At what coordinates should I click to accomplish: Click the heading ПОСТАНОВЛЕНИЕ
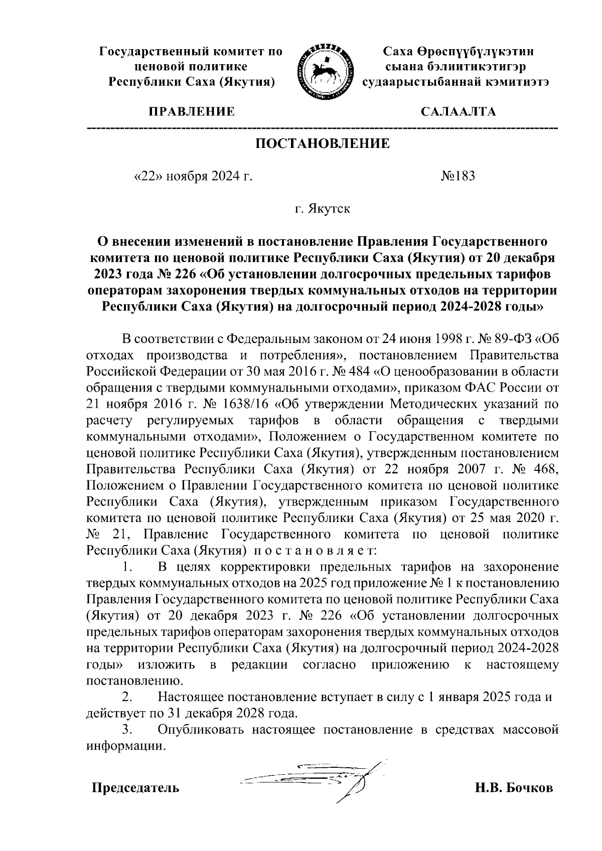point(323,144)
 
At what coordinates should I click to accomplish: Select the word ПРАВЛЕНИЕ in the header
point(191,111)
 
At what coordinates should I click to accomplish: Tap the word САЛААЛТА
point(458,111)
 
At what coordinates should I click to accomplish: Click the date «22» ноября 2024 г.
point(191,176)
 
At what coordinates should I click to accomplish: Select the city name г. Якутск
point(322,209)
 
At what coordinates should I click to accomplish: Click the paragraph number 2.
point(127,697)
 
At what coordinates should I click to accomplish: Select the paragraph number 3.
point(127,730)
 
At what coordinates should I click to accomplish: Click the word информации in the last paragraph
point(125,746)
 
